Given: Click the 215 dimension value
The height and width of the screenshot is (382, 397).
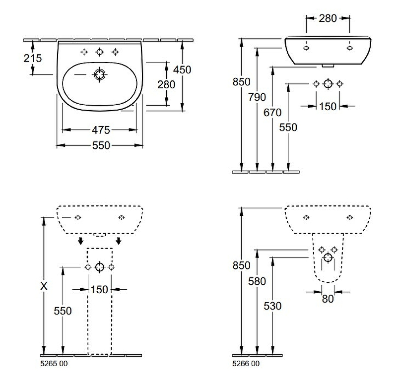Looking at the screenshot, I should click(32, 58).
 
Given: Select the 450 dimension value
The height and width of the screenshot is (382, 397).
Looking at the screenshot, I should click(182, 69).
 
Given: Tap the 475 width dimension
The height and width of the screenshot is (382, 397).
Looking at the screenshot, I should click(100, 130).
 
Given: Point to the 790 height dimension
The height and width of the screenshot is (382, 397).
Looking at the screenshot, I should click(258, 97).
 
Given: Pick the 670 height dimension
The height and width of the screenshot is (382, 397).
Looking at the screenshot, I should click(272, 113).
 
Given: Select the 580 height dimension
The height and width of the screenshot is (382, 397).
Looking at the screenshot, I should click(257, 281).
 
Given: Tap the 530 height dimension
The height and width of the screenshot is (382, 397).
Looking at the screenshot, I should click(272, 306).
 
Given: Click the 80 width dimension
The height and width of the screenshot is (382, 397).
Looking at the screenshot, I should click(328, 299).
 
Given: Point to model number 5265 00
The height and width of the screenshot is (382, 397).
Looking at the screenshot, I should click(54, 364).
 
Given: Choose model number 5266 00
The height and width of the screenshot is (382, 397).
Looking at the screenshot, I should click(246, 364).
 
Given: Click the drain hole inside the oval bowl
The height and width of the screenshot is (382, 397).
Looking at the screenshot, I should click(100, 74).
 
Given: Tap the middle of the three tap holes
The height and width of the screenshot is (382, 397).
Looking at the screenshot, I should click(100, 52).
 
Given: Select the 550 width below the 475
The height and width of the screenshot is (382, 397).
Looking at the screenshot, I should click(100, 145).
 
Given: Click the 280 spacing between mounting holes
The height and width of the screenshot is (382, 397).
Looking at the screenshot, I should click(328, 18).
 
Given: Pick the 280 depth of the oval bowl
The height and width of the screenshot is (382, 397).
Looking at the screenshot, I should click(166, 84).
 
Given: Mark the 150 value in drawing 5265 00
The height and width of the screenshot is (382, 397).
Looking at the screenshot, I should click(100, 289).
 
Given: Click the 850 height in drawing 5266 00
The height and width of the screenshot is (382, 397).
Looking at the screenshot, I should click(242, 265).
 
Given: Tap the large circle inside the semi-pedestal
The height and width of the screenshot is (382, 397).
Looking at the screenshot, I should click(328, 258).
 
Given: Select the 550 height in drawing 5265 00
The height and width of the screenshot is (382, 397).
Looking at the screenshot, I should click(63, 311).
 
